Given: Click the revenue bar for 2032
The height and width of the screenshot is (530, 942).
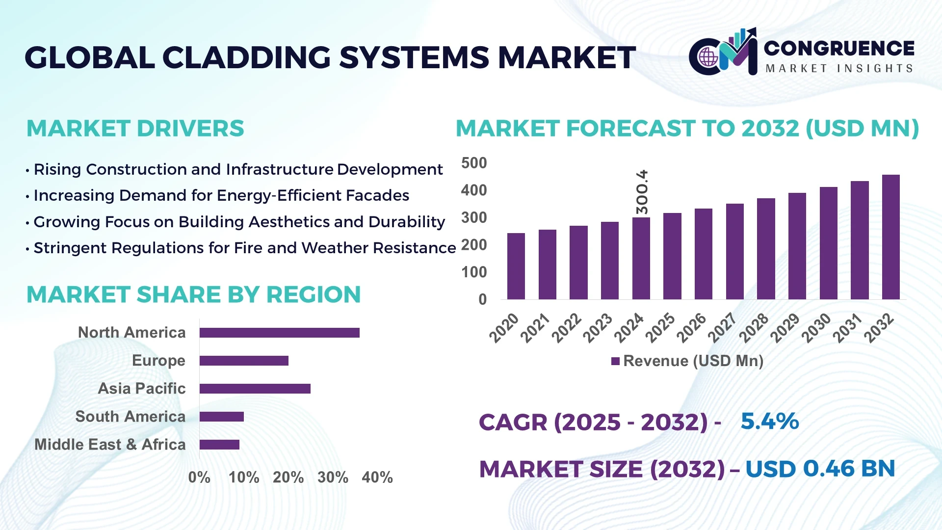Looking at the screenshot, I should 890,237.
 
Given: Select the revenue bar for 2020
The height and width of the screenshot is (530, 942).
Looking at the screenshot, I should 516,266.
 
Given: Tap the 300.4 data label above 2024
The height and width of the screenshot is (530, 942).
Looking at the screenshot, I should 642,192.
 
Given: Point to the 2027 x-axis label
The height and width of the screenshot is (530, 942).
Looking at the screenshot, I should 722,327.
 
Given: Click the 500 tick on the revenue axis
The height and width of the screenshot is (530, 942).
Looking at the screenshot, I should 474,163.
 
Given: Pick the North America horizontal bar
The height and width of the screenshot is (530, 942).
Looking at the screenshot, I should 279,333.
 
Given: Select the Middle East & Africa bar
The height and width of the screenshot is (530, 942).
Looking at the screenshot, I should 219,445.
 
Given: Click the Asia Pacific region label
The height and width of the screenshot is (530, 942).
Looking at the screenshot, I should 141,388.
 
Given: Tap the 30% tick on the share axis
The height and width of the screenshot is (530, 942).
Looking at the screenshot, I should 333,477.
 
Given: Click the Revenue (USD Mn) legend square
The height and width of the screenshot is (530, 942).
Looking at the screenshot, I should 615,361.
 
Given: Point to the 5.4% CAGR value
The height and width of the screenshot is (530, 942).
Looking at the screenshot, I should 769,421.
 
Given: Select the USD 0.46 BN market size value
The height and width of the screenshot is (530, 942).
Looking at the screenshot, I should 820,469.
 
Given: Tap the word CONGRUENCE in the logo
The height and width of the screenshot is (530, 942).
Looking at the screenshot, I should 839,48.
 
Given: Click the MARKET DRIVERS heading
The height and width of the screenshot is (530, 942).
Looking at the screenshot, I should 135,129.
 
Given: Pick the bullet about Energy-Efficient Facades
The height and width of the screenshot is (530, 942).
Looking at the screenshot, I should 221,195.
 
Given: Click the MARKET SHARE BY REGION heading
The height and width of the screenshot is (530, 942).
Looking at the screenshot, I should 193,294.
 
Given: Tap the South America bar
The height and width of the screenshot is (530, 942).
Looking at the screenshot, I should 221,417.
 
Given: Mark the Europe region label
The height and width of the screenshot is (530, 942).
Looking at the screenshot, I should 158,360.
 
